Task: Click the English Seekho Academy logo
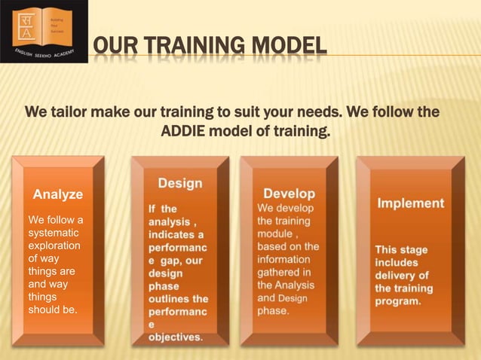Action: point(43,31)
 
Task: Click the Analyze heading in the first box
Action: point(58,194)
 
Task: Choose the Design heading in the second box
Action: point(180,183)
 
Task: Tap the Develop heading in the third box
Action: point(289,194)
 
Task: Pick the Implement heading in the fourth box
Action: point(410,203)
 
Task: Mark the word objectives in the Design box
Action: point(174,337)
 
